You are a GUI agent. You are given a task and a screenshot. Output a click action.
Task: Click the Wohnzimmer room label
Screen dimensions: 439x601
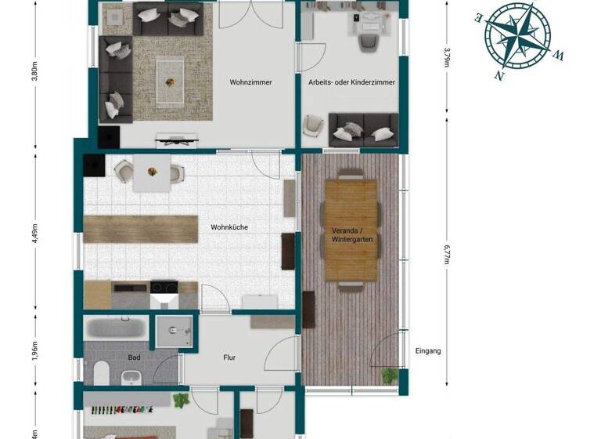click(x=250, y=82)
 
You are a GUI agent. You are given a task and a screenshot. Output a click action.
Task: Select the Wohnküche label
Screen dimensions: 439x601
click(x=229, y=227)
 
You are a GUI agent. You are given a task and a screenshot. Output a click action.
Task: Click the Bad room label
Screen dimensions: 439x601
click(x=134, y=357)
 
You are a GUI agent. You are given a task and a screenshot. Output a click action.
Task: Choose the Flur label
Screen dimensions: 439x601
click(x=229, y=358)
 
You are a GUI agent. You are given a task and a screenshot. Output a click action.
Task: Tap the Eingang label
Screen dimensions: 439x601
click(x=428, y=351)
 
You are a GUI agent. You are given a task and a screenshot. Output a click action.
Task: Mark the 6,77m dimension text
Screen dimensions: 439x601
click(x=447, y=255)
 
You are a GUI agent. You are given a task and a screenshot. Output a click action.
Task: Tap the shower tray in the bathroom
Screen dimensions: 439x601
click(x=171, y=331)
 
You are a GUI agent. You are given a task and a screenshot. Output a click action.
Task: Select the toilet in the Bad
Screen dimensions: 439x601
click(x=102, y=374)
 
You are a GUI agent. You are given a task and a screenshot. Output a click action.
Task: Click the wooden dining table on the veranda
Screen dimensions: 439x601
click(x=351, y=229)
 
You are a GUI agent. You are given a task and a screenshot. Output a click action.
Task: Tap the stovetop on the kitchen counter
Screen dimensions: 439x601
click(x=164, y=288)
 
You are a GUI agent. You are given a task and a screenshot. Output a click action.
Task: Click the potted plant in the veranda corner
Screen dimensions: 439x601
click(x=389, y=376)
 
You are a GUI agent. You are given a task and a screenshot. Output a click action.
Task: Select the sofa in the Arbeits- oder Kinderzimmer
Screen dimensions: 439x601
click(x=362, y=129)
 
